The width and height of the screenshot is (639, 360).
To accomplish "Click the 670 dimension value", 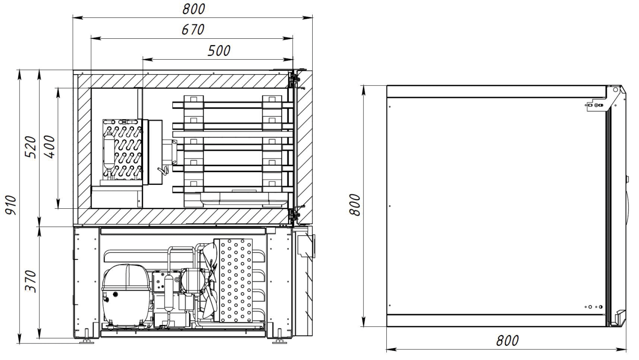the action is pyautogui.click(x=193, y=29).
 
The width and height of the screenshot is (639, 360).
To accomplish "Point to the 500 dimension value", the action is pyautogui.click(x=219, y=51).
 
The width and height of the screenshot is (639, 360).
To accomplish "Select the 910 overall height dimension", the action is pyautogui.click(x=12, y=205).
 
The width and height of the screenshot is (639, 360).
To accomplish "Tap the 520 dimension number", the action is pyautogui.click(x=31, y=147).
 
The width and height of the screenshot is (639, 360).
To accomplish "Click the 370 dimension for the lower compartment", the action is pyautogui.click(x=31, y=281).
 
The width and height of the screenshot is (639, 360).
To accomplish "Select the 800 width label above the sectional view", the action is pyautogui.click(x=193, y=9).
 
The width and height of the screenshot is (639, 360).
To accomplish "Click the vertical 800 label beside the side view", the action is pyautogui.click(x=354, y=205).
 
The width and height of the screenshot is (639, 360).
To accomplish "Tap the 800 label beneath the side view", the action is pyautogui.click(x=507, y=340).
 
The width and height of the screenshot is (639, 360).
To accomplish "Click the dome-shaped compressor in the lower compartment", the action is pyautogui.click(x=126, y=295).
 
